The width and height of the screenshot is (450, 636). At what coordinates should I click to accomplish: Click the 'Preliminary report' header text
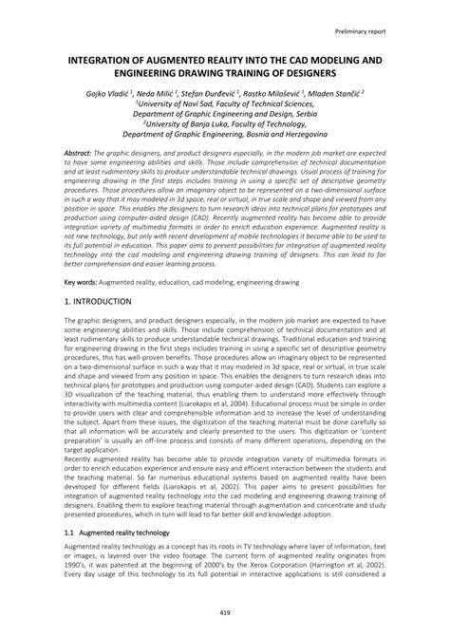[387, 31]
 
